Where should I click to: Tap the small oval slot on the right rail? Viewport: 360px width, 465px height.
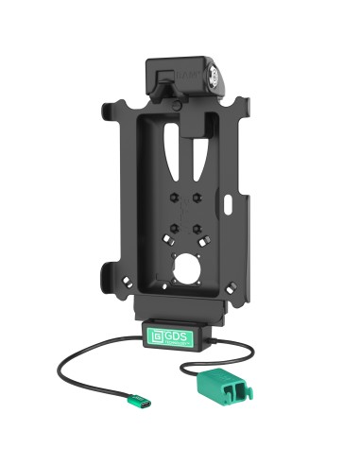232,202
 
